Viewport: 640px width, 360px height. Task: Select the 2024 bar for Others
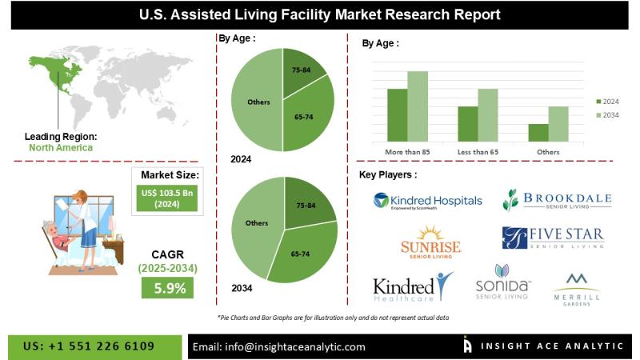538,133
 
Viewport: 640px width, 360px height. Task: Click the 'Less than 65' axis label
478,151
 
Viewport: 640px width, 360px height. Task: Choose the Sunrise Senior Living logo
431,242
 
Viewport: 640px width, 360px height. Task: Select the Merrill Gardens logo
576,286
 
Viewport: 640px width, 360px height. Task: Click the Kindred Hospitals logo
428,200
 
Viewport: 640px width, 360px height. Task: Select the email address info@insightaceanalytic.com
278,346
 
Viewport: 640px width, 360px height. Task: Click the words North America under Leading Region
61,147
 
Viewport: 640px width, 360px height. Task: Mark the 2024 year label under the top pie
241,159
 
